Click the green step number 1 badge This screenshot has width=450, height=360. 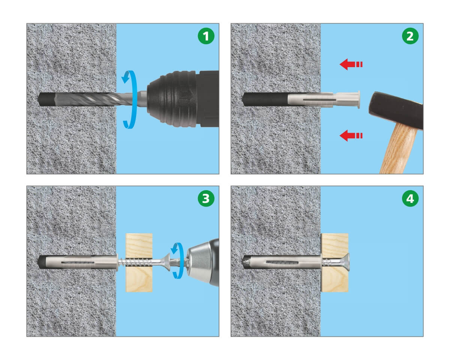(206, 36)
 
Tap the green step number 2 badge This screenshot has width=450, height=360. (410, 36)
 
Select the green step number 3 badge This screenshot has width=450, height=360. (206, 198)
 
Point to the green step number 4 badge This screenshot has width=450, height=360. (410, 198)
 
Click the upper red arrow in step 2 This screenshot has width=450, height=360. (351, 64)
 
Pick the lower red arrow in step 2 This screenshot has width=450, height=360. (351, 135)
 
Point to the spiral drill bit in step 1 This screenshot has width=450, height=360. (94, 99)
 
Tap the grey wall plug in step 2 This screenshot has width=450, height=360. (324, 99)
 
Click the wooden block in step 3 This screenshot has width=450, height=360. (139, 262)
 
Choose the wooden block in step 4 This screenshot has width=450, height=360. (334, 262)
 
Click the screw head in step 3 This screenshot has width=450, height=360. (166, 262)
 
